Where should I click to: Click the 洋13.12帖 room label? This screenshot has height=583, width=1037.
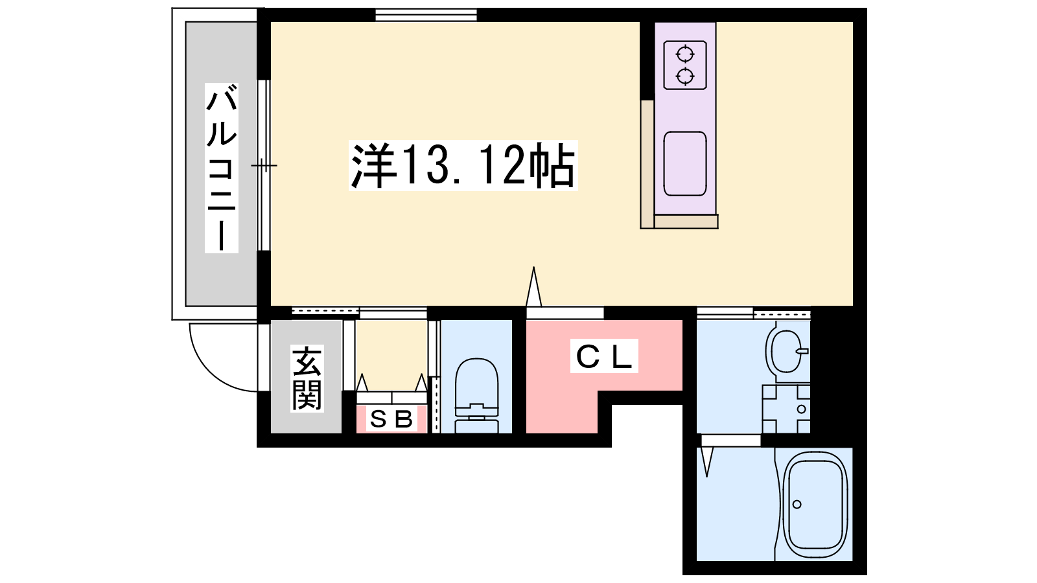click(463, 165)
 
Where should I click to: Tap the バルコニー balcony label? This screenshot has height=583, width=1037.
click(222, 168)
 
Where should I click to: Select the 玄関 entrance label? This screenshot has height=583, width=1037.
click(307, 378)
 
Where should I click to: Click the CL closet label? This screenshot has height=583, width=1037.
click(604, 356)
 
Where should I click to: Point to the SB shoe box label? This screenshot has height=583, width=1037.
click(391, 419)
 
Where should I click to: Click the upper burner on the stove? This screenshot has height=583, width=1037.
click(685, 54)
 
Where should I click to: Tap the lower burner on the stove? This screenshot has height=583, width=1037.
click(685, 76)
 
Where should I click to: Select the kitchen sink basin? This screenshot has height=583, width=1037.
click(685, 164)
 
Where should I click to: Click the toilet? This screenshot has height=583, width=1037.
click(476, 396)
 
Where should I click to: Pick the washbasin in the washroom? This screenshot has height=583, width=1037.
click(787, 352)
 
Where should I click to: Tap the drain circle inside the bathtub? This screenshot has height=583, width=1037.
click(797, 505)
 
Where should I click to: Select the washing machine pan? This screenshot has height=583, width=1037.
click(786, 409)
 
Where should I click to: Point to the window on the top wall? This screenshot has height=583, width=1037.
click(426, 15)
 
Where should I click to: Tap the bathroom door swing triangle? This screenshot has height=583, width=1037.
click(706, 462)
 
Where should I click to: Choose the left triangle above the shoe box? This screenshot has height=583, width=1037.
click(362, 383)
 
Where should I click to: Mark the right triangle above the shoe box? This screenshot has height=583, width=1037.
click(421, 383)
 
